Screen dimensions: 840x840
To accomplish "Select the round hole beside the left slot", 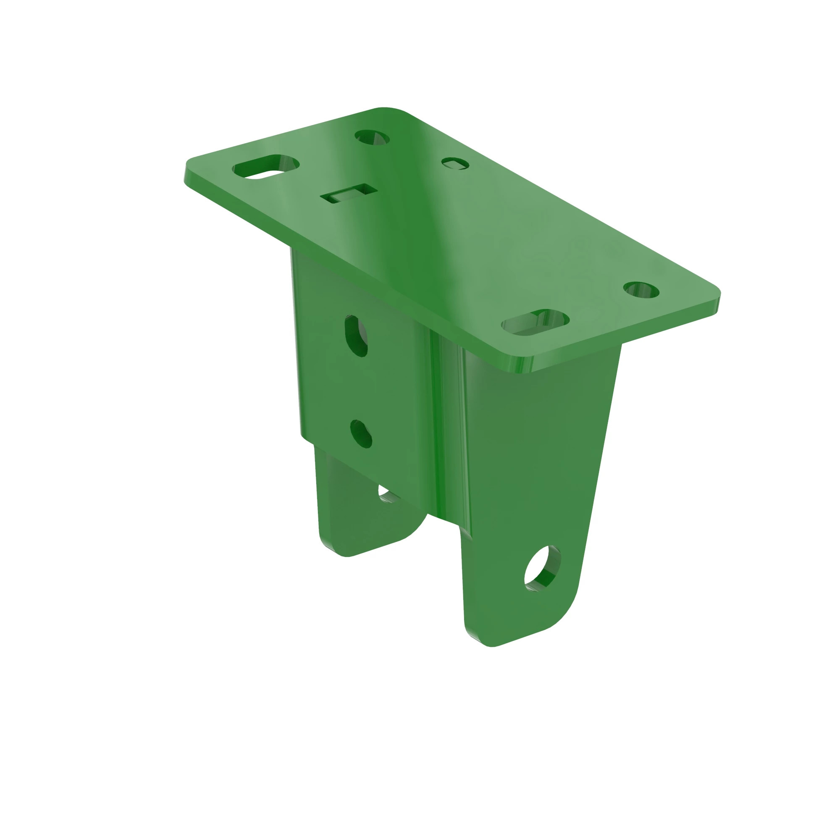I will pyautogui.click(x=372, y=137).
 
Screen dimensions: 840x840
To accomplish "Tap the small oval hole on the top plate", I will pyautogui.click(x=455, y=163).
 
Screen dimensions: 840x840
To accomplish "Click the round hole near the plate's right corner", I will pyautogui.click(x=641, y=290).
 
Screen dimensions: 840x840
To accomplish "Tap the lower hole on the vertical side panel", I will pyautogui.click(x=361, y=433).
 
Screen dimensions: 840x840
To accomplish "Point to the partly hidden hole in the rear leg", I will pyautogui.click(x=386, y=494).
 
